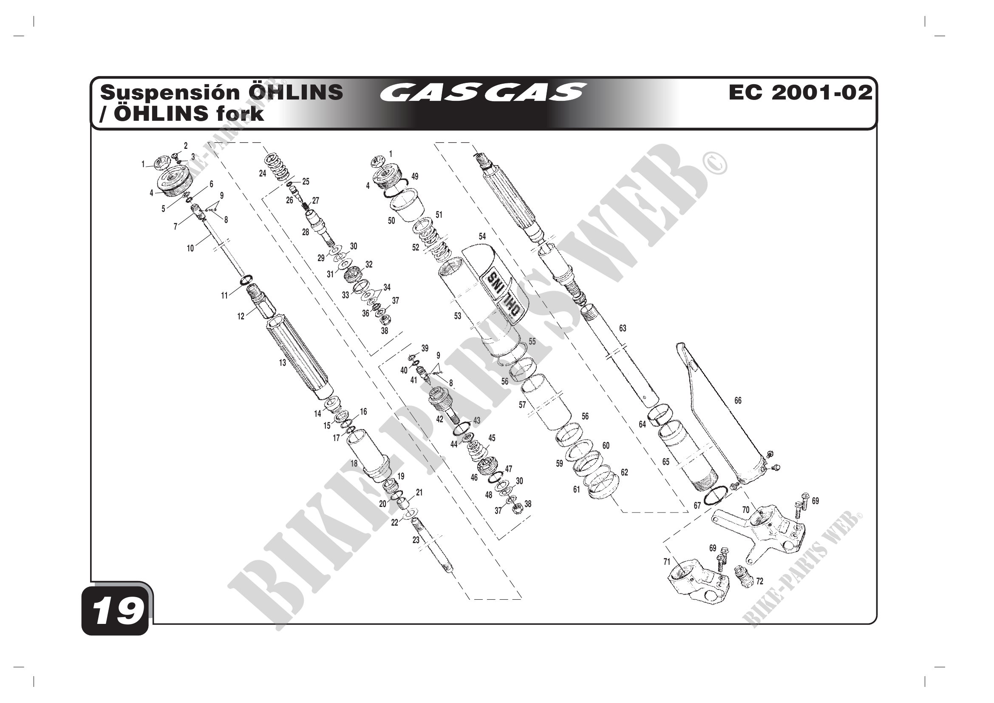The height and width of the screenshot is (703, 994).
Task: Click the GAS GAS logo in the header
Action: [x=482, y=92]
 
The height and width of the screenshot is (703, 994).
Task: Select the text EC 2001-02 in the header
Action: [x=800, y=92]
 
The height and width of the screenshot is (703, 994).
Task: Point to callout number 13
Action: [x=282, y=362]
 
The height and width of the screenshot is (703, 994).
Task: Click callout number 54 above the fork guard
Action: [x=482, y=236]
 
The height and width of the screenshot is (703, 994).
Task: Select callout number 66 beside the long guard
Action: [x=738, y=401]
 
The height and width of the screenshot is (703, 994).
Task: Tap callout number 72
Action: [x=759, y=581]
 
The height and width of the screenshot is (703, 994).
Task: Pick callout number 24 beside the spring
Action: [x=262, y=173]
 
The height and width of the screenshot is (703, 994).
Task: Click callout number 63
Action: [x=623, y=328]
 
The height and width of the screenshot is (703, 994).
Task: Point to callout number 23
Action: [x=416, y=540]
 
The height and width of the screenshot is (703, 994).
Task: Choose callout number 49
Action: [x=415, y=176]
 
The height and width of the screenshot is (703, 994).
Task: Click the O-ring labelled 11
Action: [x=245, y=280]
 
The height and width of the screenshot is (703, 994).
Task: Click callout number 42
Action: [x=439, y=419]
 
